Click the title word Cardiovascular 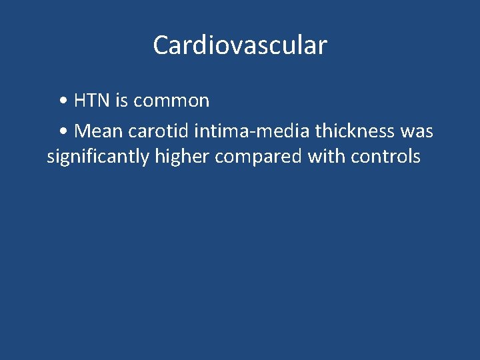(x=240, y=45)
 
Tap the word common (x=171, y=101)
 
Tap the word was (x=417, y=131)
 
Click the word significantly (x=99, y=157)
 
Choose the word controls (x=386, y=157)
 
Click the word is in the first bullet (x=121, y=101)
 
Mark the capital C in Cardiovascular (x=161, y=45)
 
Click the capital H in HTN (x=80, y=101)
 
